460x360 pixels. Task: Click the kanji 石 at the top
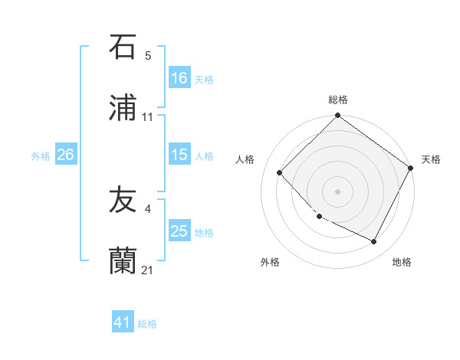click(x=123, y=47)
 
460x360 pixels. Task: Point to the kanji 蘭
click(x=123, y=260)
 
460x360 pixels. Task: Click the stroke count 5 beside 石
click(x=148, y=56)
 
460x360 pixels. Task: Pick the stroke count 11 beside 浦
click(x=148, y=117)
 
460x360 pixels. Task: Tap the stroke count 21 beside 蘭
click(x=148, y=270)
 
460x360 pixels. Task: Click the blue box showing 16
click(x=179, y=78)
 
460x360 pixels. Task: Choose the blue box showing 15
click(x=179, y=155)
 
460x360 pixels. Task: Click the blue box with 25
click(x=179, y=231)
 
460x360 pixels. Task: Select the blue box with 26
click(x=65, y=155)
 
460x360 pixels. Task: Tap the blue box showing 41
click(x=123, y=323)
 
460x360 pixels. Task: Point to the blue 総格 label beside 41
click(x=147, y=324)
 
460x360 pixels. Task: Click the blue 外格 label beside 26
click(x=41, y=155)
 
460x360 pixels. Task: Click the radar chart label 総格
click(x=338, y=100)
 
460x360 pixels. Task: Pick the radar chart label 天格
click(x=431, y=159)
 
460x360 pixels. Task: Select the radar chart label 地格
click(x=402, y=263)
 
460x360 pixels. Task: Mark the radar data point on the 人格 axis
click(x=280, y=172)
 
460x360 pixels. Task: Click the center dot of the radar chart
click(x=338, y=191)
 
